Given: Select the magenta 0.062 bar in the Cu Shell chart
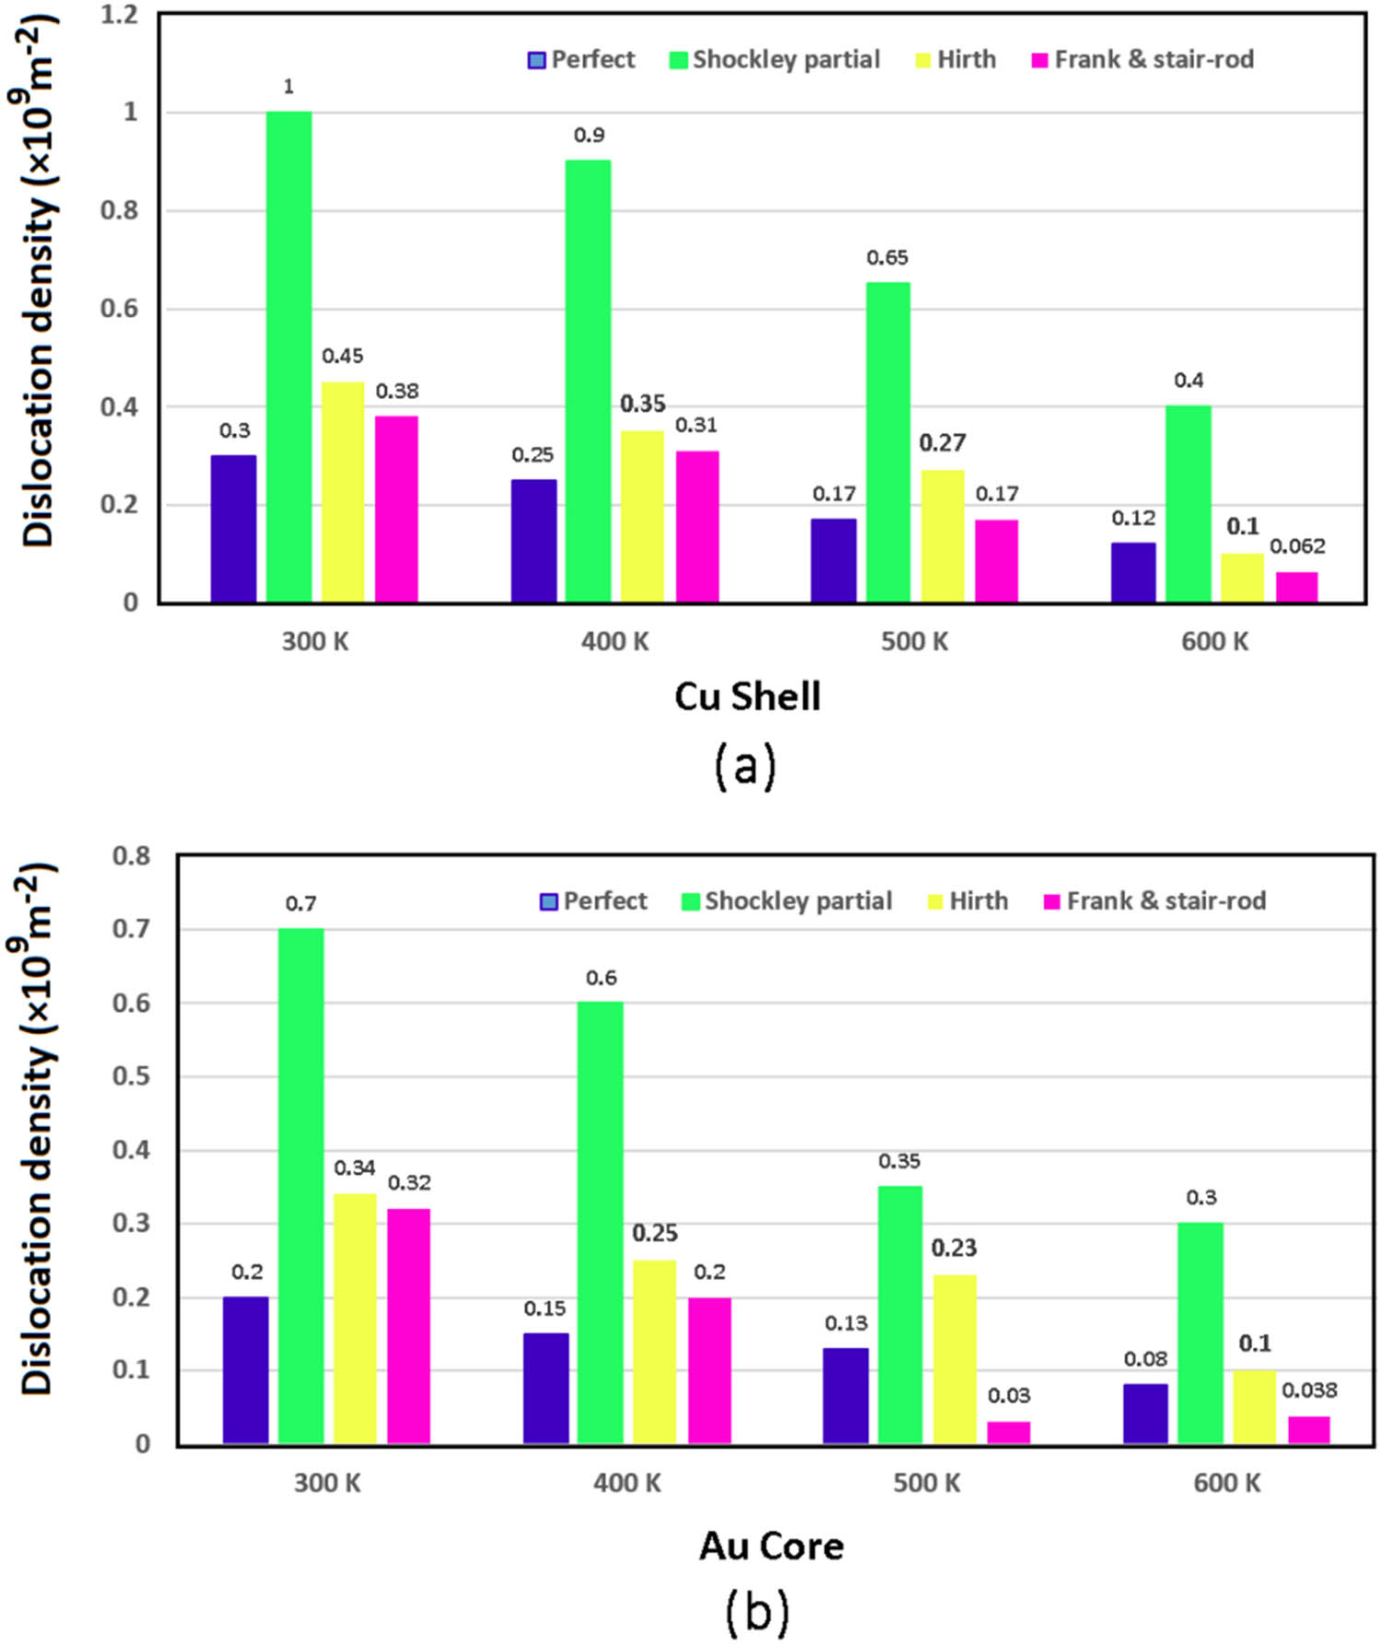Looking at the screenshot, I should click(1296, 587).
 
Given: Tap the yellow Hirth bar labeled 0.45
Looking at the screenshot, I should click(343, 492).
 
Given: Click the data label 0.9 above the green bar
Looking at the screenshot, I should click(589, 135).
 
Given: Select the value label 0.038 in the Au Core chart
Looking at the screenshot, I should click(1309, 1390).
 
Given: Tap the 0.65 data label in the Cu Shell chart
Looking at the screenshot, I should click(887, 258).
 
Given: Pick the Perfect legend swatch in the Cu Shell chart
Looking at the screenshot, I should click(536, 61).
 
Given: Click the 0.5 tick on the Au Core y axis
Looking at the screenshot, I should click(131, 1076).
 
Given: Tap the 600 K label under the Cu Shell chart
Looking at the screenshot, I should click(1214, 641).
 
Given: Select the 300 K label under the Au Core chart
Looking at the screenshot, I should click(327, 1483).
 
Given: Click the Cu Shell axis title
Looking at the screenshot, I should click(747, 697).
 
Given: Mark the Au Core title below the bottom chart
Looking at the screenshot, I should click(771, 1545).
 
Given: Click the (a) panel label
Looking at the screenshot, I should click(745, 766).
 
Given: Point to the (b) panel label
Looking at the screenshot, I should click(756, 1611).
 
